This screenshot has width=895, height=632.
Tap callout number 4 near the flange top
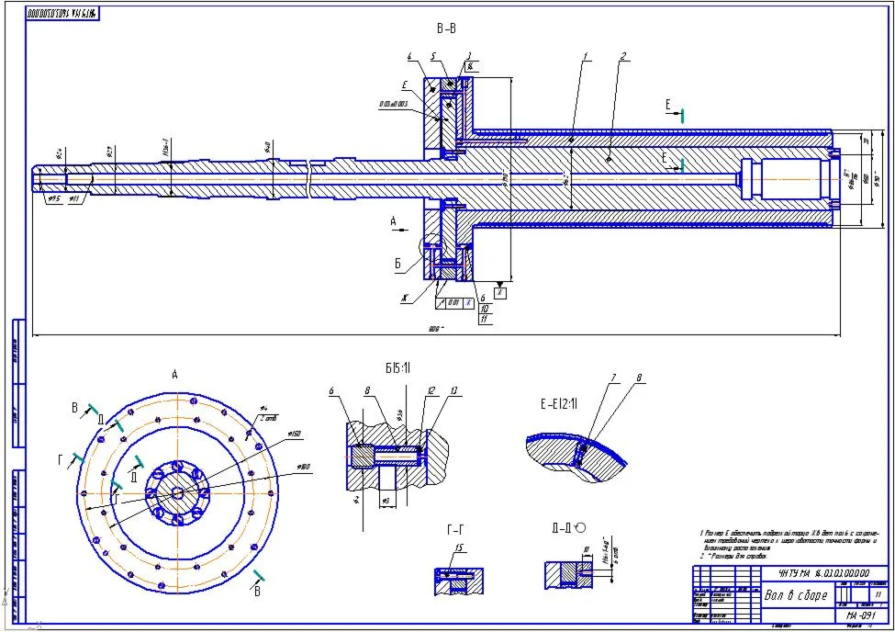[409, 57]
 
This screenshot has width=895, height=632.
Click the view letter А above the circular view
[174, 374]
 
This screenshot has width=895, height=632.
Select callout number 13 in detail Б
[453, 389]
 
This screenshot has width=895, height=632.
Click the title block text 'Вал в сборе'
[796, 594]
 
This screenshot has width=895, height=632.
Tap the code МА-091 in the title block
[858, 615]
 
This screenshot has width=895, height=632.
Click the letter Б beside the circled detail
[398, 263]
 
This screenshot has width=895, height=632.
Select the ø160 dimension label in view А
[296, 434]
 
